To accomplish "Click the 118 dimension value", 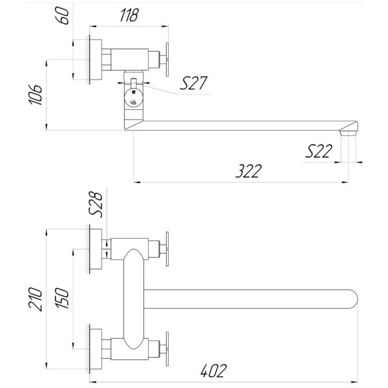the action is [x=129, y=15].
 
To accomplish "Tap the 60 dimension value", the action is [x=63, y=16].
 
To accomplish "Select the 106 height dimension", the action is [x=36, y=95].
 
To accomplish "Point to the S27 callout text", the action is [x=193, y=83].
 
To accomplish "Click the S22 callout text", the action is [x=319, y=151].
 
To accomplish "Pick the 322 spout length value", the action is [x=248, y=171].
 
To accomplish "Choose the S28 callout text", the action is [x=95, y=204].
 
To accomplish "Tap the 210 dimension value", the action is [x=36, y=299].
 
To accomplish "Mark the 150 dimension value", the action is [x=62, y=298].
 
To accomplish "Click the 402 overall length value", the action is [x=213, y=371].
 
